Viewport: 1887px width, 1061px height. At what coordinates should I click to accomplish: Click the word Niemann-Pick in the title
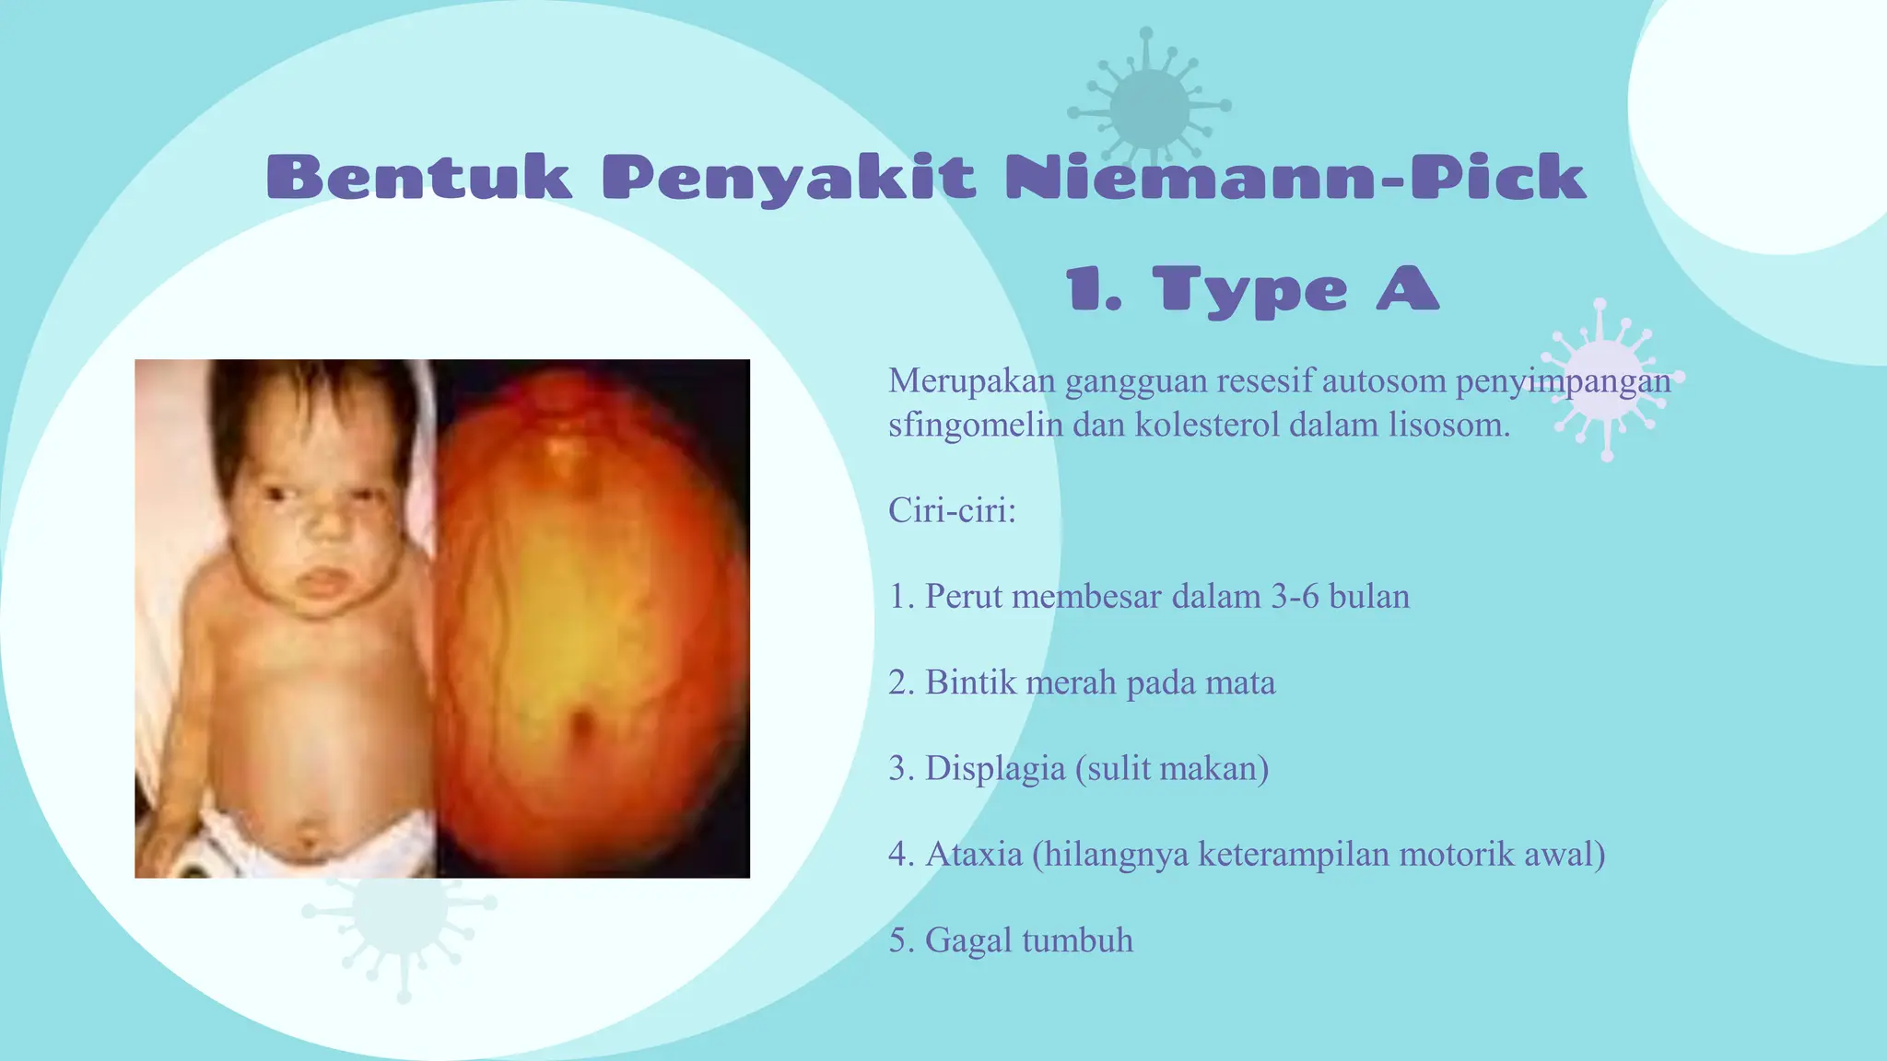tap(1295, 177)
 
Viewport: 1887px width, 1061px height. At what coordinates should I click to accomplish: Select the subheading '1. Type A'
tap(1251, 289)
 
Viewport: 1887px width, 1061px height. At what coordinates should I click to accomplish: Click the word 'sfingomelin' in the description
tap(975, 425)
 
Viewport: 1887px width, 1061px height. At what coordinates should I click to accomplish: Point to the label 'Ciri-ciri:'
tap(952, 509)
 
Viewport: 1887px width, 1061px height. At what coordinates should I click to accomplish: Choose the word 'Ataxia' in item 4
tap(974, 854)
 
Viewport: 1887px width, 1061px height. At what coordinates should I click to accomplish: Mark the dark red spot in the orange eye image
tap(580, 722)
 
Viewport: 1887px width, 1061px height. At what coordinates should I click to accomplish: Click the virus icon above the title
tap(1148, 107)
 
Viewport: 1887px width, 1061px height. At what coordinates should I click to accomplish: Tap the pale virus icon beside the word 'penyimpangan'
tap(1607, 379)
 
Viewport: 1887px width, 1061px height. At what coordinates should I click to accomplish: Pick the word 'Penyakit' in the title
tap(789, 177)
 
